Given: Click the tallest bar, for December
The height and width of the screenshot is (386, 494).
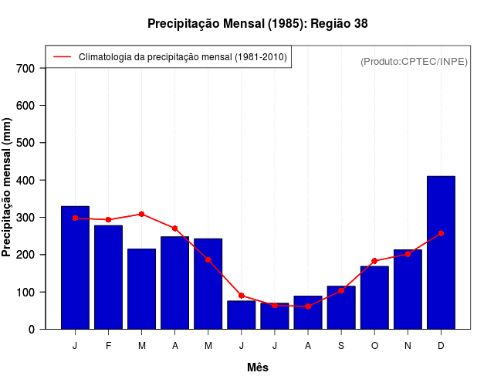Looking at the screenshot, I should click(441, 252).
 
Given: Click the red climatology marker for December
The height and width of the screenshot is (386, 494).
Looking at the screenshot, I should click(441, 233).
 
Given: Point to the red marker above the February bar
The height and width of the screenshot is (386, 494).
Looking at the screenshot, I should click(108, 220).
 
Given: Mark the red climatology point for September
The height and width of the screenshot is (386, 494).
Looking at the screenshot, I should click(341, 291).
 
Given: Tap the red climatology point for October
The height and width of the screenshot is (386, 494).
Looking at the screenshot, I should click(374, 261).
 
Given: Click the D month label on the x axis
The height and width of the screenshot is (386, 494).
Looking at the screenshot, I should click(441, 346).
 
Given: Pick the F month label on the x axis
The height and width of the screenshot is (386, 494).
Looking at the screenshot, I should click(108, 346).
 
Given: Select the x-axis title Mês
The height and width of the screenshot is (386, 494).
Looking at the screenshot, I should click(258, 367).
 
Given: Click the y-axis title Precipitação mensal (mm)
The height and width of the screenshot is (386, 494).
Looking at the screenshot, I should click(8, 187).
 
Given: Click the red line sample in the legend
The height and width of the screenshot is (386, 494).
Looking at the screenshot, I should click(62, 57).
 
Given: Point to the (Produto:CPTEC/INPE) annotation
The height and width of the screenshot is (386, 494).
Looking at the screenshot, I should click(414, 61).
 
